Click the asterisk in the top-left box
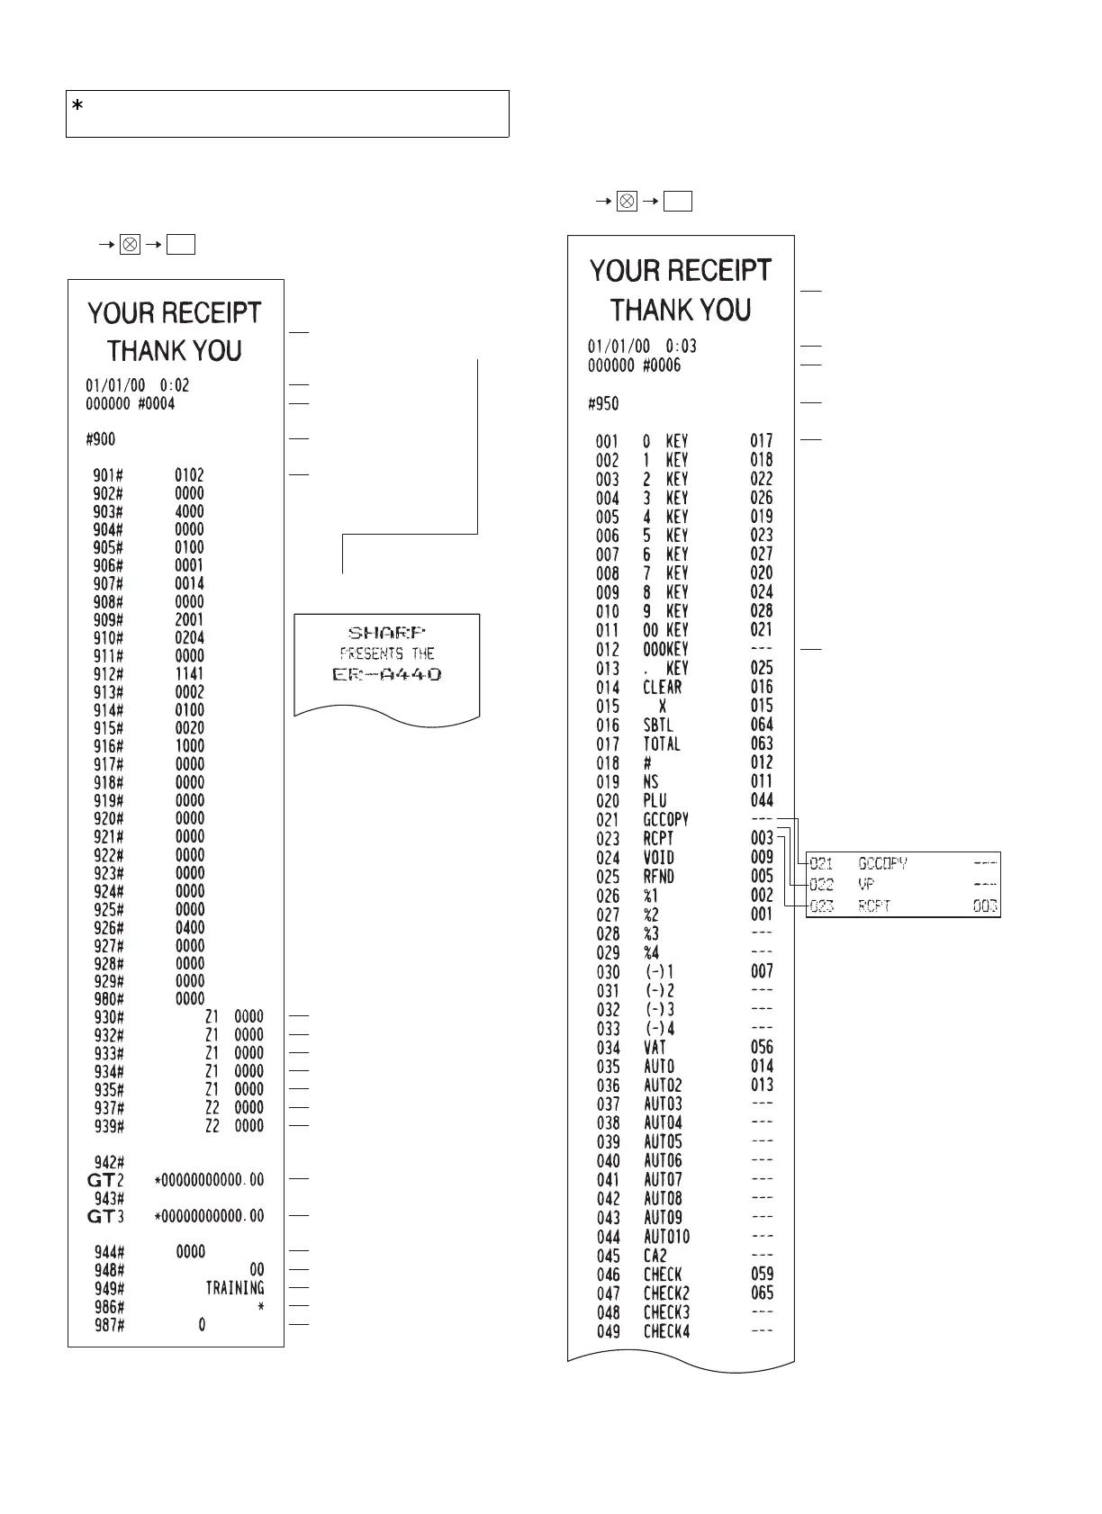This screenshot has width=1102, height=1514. coord(77,107)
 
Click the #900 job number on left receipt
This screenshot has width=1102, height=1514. coord(100,439)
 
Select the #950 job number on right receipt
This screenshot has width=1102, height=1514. coord(603,404)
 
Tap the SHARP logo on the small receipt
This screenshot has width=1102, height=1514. coord(386,633)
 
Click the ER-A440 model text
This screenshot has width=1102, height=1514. coord(387,674)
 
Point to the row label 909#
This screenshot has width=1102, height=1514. coord(108,620)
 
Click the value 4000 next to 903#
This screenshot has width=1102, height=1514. coord(189,511)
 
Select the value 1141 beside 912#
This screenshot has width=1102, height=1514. coord(189,674)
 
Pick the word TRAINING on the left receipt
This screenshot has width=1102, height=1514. coord(235,1288)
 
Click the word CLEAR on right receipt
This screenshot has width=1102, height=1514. coord(663,688)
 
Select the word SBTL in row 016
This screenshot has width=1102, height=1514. coord(658,725)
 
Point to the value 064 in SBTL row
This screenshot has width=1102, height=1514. coord(762,725)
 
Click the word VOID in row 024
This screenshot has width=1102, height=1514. coord(658,858)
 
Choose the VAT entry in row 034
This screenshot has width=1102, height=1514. coord(655,1047)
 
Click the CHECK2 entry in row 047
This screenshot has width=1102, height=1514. coord(666,1293)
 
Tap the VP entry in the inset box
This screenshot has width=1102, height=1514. coord(865,885)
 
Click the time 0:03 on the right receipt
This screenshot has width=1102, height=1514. coord(681,347)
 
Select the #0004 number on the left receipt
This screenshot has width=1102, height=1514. coord(157,404)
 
